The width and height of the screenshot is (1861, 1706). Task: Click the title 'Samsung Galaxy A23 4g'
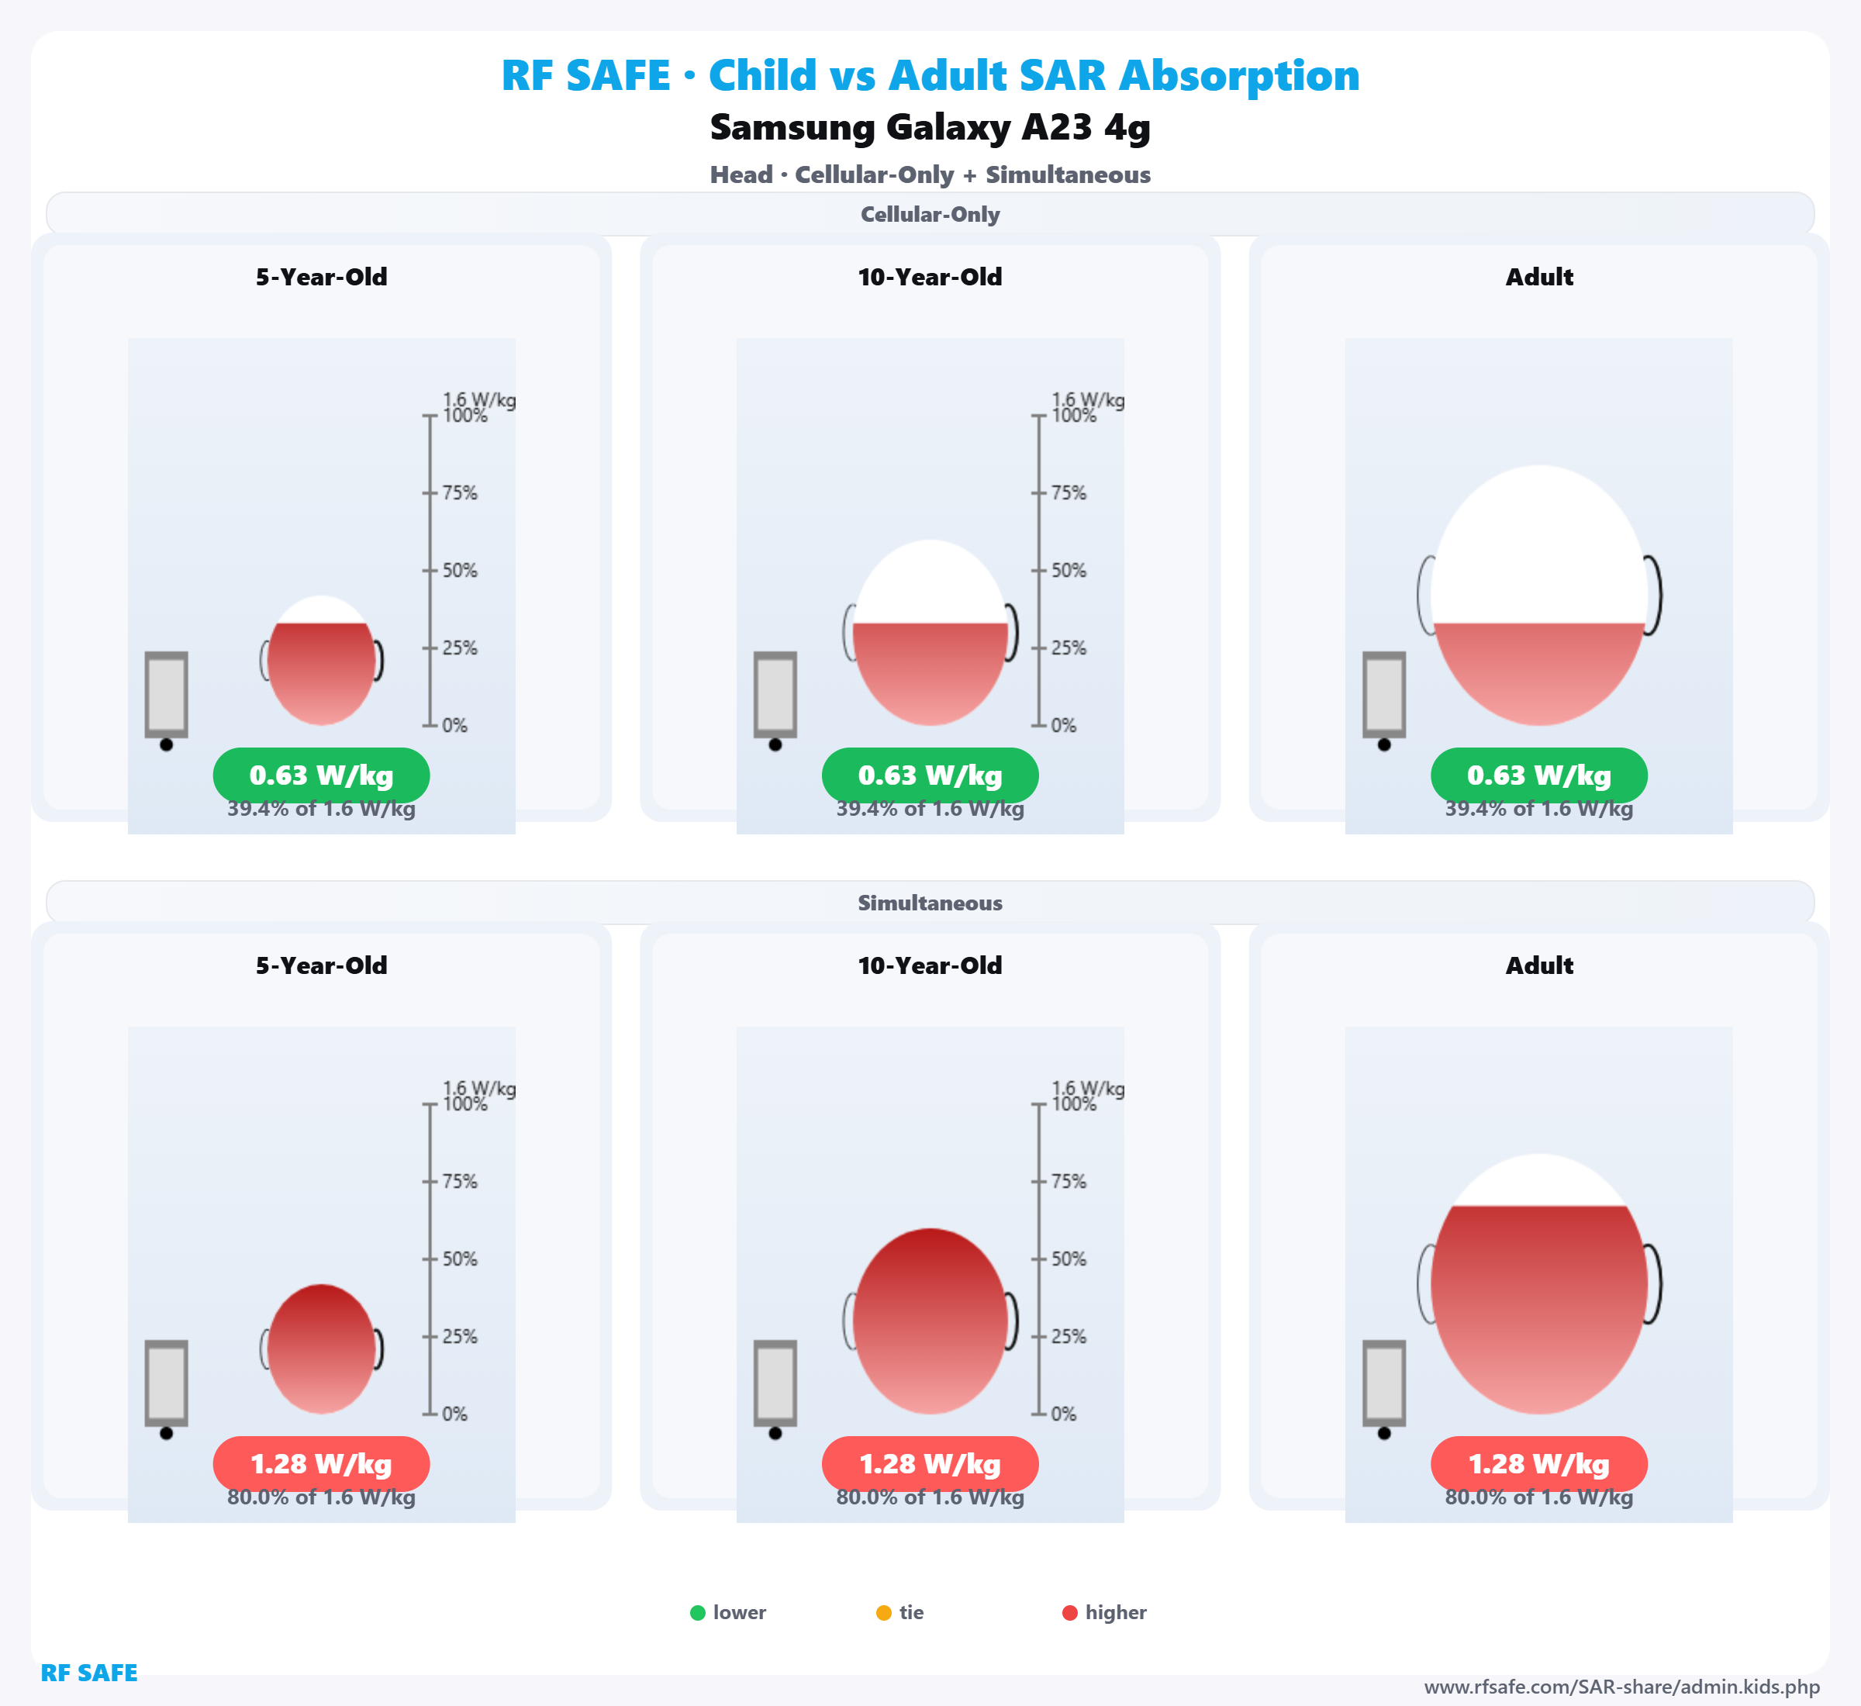(930, 127)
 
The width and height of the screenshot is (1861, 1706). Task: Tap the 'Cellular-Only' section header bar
(930, 214)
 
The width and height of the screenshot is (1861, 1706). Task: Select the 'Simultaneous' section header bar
(930, 902)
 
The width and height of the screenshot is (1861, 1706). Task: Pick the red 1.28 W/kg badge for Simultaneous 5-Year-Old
(321, 1463)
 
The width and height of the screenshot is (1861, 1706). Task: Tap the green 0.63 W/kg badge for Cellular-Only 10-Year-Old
(930, 775)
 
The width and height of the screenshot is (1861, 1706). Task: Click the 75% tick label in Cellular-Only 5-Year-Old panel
(459, 493)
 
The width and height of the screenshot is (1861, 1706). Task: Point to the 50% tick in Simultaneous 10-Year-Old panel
(1068, 1259)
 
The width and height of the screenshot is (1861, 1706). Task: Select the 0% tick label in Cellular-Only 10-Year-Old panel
(1063, 726)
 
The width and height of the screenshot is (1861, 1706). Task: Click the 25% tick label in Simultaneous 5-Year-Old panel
(459, 1337)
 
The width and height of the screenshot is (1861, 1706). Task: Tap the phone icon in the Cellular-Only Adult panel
(1384, 694)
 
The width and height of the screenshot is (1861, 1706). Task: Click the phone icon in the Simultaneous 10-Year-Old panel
(775, 1383)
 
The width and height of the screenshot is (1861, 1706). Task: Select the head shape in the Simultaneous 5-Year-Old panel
(321, 1349)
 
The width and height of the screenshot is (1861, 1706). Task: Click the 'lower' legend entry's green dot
(698, 1613)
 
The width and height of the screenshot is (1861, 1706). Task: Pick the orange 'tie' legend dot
(883, 1613)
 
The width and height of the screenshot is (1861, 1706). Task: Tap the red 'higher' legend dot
(1070, 1613)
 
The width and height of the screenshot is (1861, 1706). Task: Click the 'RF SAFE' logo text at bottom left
(88, 1673)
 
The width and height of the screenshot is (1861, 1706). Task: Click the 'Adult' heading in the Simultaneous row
(1539, 965)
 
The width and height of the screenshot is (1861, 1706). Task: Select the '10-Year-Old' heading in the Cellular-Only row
(930, 277)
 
